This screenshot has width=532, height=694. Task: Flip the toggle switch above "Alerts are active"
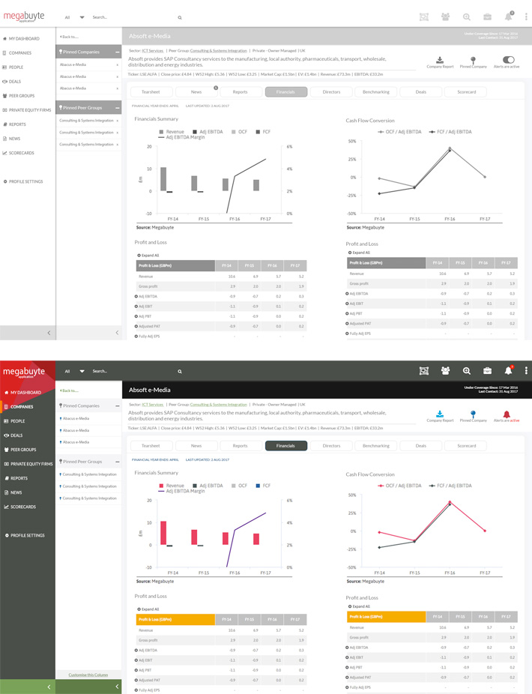pos(510,59)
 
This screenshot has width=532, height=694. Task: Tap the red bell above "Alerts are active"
pos(507,414)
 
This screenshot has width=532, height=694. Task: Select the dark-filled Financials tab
pos(285,445)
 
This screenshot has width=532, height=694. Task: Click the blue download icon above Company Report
pos(440,414)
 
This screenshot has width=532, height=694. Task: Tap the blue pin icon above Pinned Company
pos(473,414)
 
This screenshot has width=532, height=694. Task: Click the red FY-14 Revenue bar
pos(163,533)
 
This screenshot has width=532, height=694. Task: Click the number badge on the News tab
pos(216,88)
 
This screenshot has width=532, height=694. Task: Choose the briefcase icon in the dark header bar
pos(487,370)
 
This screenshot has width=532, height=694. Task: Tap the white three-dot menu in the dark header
pos(527,370)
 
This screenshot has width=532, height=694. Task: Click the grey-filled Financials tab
pos(285,91)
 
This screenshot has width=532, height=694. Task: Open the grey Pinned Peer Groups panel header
pos(88,107)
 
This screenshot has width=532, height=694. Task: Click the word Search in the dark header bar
pos(100,371)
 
